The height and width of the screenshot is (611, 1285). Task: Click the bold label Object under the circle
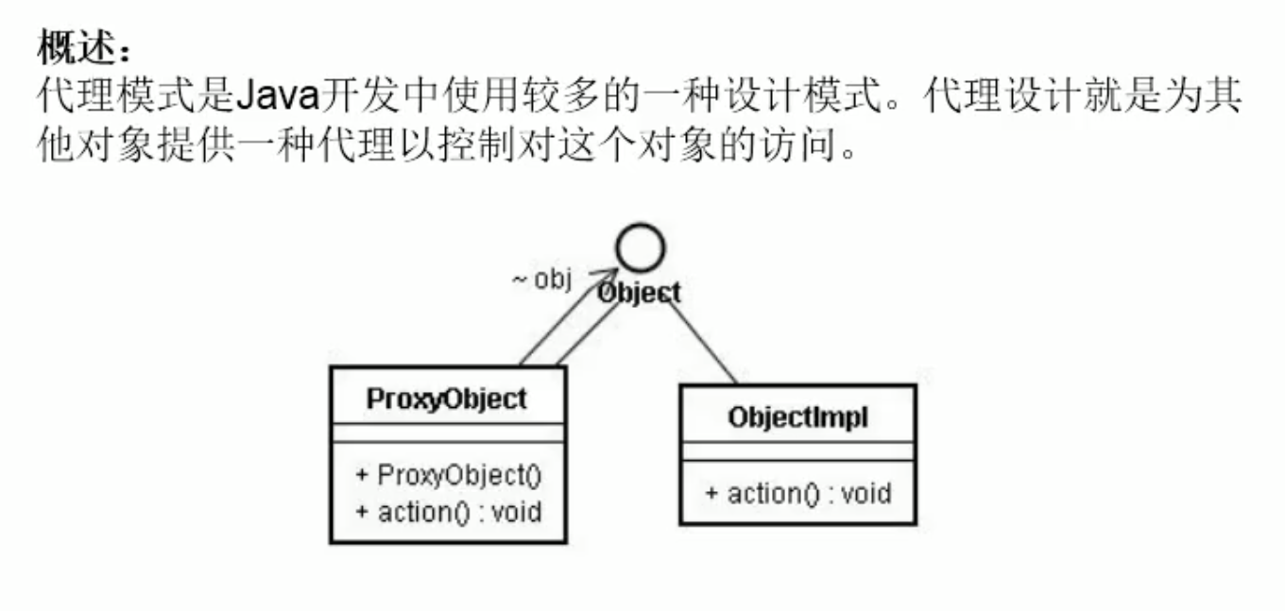[639, 294]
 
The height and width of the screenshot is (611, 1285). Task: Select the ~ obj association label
[542, 280]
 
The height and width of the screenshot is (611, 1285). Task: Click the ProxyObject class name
[447, 399]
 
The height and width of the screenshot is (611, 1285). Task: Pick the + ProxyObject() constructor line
[448, 474]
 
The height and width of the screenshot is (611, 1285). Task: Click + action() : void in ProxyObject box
[448, 513]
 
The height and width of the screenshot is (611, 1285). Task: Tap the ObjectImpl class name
[797, 417]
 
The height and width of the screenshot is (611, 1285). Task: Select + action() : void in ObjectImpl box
[797, 493]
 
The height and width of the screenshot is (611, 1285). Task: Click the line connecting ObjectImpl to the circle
[704, 343]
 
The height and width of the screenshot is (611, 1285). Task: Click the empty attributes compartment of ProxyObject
[448, 433]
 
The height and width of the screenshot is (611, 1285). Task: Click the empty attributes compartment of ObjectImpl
[797, 451]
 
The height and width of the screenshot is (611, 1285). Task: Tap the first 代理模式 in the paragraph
[116, 95]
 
